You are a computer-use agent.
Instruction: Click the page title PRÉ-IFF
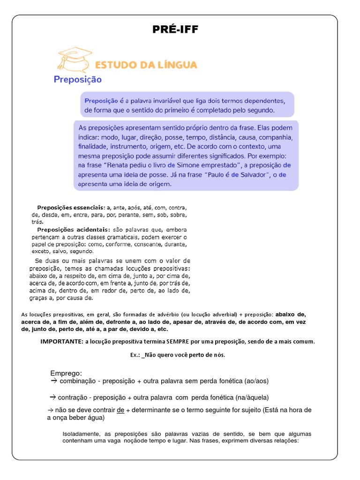click(x=175, y=30)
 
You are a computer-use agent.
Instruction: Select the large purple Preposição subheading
click(x=77, y=79)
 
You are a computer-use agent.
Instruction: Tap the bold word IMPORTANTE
click(x=61, y=341)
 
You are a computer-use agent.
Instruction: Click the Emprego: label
click(x=66, y=373)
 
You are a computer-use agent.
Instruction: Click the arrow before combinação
click(x=53, y=381)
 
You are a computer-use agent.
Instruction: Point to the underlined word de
click(x=120, y=410)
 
